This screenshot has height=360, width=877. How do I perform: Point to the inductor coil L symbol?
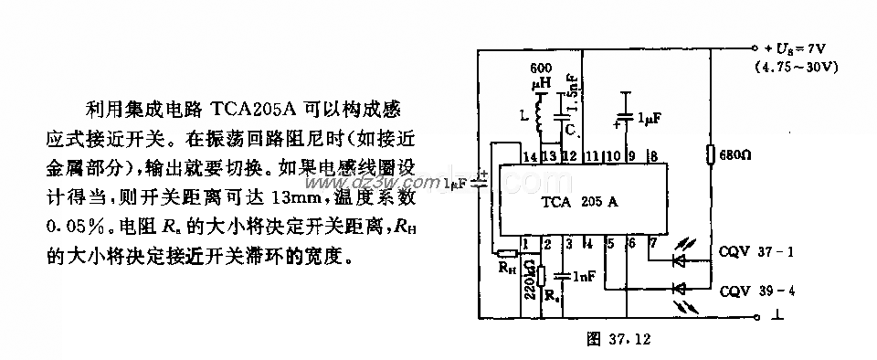click(538, 116)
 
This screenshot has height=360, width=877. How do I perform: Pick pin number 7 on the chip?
click(652, 242)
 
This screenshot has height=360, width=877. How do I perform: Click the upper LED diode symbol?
click(678, 260)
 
